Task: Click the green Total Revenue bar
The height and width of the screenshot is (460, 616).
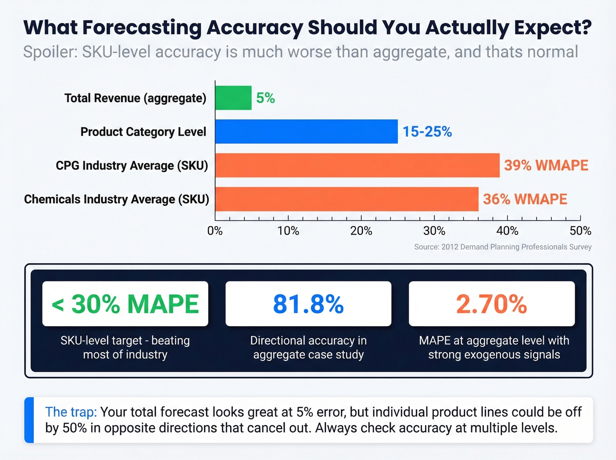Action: pyautogui.click(x=233, y=98)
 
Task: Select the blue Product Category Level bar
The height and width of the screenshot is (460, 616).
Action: pyautogui.click(x=306, y=132)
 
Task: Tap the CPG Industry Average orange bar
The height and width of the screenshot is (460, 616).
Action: pyautogui.click(x=357, y=166)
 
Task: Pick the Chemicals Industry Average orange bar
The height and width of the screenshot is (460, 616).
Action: pyautogui.click(x=347, y=199)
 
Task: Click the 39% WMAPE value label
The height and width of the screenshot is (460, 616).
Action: pyautogui.click(x=546, y=166)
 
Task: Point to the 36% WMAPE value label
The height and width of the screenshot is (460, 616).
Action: pyautogui.click(x=525, y=199)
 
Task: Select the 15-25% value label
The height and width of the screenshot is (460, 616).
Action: pyautogui.click(x=427, y=132)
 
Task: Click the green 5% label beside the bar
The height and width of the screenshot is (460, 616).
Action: pyautogui.click(x=265, y=98)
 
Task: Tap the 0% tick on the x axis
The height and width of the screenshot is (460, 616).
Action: pyautogui.click(x=215, y=231)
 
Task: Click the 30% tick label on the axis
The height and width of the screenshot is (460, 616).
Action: pyautogui.click(x=434, y=231)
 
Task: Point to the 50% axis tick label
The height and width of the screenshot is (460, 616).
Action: pyautogui.click(x=580, y=231)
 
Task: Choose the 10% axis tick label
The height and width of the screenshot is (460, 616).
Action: pyautogui.click(x=288, y=231)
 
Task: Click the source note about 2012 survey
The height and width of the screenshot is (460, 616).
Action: pyautogui.click(x=502, y=247)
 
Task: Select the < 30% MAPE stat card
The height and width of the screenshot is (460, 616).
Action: pyautogui.click(x=125, y=304)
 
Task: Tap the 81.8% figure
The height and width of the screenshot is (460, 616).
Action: pyautogui.click(x=308, y=304)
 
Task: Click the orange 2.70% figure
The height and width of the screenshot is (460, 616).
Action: pyautogui.click(x=491, y=304)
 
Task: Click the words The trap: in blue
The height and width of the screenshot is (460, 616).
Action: pyautogui.click(x=71, y=412)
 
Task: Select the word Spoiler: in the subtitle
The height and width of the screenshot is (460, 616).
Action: pyautogui.click(x=50, y=52)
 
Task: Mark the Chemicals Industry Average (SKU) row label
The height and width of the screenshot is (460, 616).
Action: pyautogui.click(x=117, y=199)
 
